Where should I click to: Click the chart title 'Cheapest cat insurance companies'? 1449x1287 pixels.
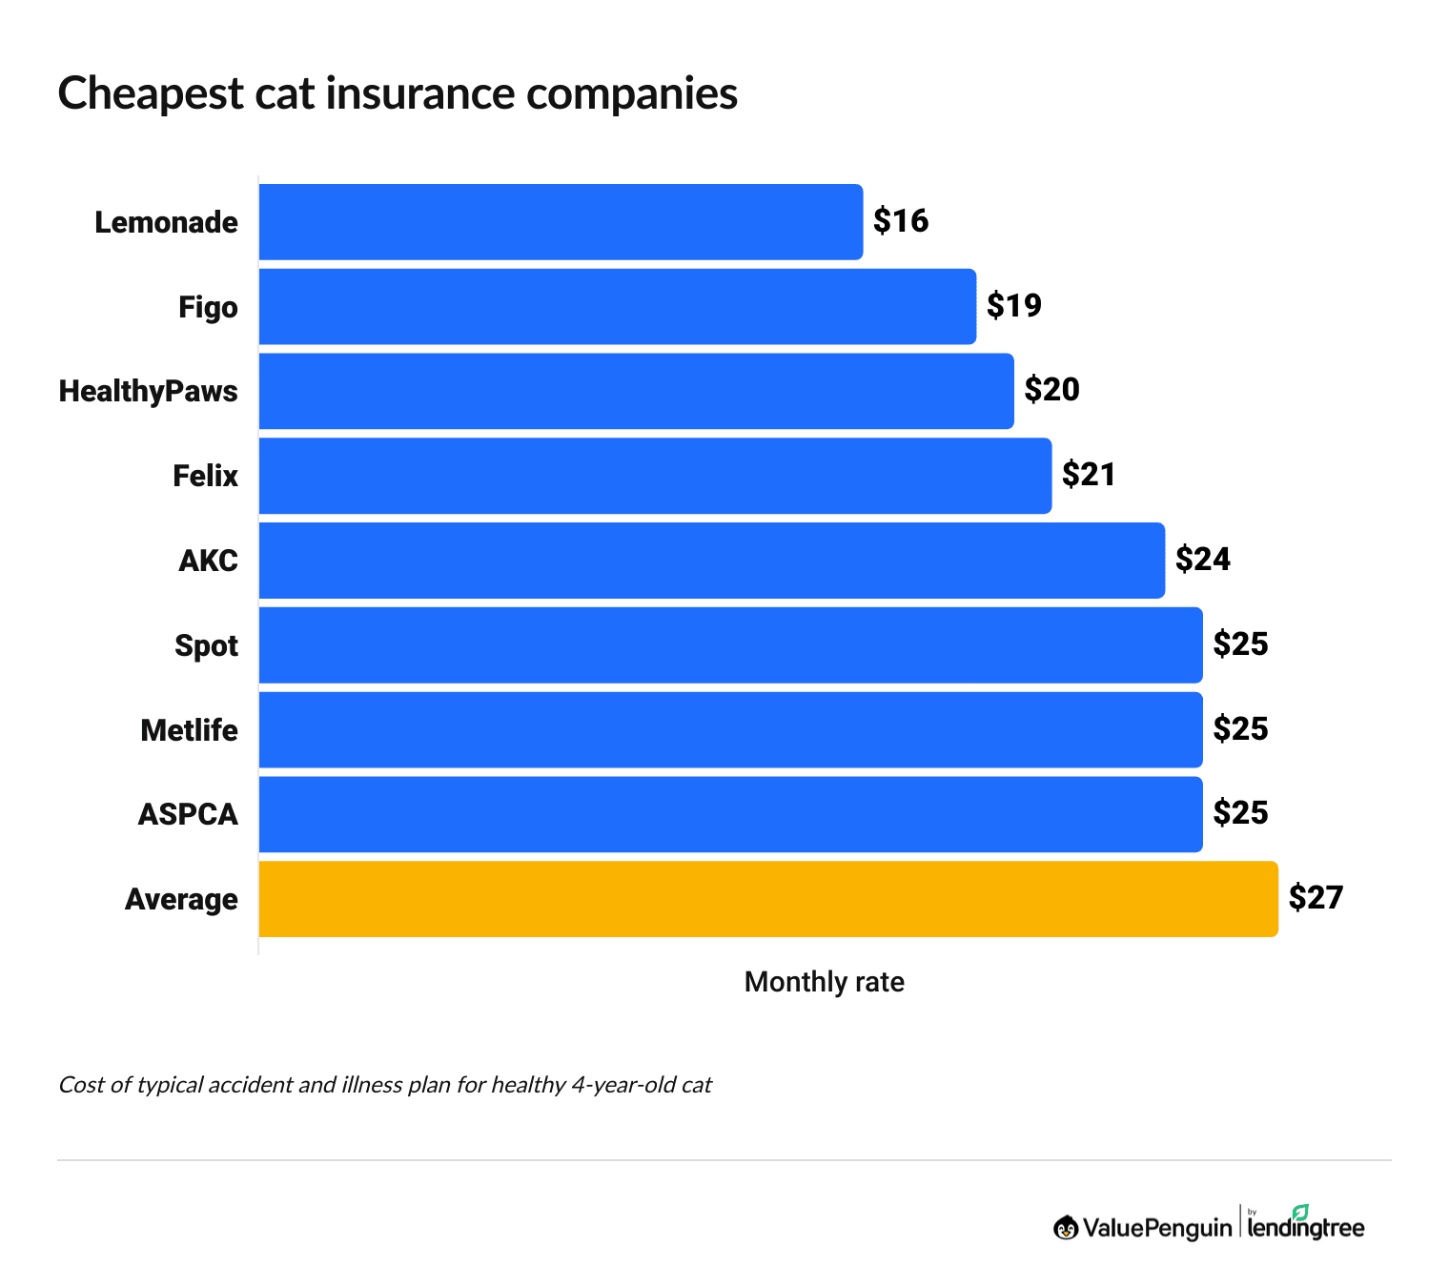point(398,93)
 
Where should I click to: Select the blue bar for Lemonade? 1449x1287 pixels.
point(561,222)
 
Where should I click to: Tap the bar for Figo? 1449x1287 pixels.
point(617,306)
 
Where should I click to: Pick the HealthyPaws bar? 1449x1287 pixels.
point(636,391)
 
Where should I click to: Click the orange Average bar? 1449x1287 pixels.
point(767,899)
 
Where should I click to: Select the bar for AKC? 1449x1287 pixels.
point(711,561)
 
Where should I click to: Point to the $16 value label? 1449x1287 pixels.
point(901,221)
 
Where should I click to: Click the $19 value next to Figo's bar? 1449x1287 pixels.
point(1014,305)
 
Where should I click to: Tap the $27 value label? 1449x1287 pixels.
point(1316,898)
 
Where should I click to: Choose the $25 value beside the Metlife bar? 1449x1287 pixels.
point(1240,729)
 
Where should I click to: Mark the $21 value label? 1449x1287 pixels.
point(1089,475)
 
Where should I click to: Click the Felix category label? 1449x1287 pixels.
point(205,476)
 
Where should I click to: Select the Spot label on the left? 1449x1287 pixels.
point(206,645)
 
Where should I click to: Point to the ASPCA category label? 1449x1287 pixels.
point(188,814)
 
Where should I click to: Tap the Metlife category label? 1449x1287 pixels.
point(189,730)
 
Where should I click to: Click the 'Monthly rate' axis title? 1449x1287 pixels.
point(824,982)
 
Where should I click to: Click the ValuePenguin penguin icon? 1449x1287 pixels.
point(1066,1228)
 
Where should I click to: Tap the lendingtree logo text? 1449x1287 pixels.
point(1305,1229)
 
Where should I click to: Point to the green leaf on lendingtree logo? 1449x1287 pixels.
point(1300,1212)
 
